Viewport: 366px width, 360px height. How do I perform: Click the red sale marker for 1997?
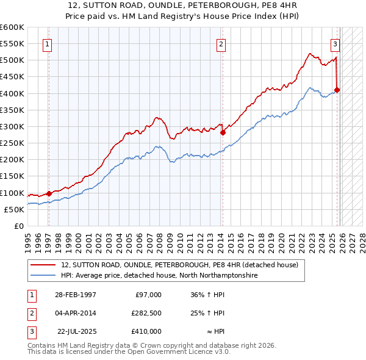tap(49, 193)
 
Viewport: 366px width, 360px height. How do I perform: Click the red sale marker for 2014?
tap(223, 132)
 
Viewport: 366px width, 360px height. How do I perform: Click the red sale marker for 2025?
tap(337, 90)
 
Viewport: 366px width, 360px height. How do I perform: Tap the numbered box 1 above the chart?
tap(47, 43)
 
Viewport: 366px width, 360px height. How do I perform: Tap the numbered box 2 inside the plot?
tap(220, 43)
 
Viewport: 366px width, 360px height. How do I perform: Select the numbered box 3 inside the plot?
tap(335, 43)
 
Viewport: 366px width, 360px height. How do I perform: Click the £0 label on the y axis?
tap(19, 226)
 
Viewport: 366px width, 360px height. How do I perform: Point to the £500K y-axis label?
tap(12, 60)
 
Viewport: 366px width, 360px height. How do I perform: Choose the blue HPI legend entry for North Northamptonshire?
tap(159, 276)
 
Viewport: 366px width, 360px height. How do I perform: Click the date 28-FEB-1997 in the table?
tap(76, 294)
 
